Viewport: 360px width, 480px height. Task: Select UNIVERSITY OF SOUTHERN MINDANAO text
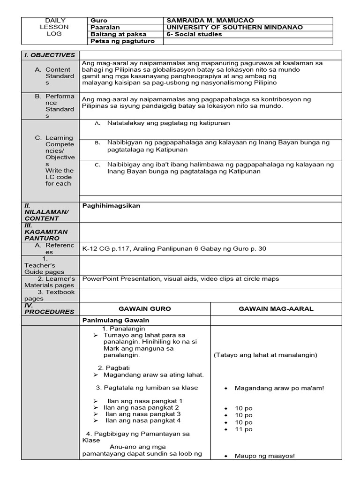pyautogui.click(x=234, y=27)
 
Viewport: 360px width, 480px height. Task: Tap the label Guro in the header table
pyautogui.click(x=98, y=21)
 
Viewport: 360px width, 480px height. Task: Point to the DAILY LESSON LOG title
pyautogui.click(x=55, y=27)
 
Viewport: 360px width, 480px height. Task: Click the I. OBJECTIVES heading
pyautogui.click(x=50, y=55)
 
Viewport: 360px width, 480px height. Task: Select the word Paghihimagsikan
pyautogui.click(x=111, y=206)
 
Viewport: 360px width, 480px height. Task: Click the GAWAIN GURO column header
pyautogui.click(x=145, y=308)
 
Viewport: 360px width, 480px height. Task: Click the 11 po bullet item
pyautogui.click(x=244, y=429)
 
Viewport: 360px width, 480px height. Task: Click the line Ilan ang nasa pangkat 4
pyautogui.click(x=144, y=420)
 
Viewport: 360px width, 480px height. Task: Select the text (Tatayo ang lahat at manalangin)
pyautogui.click(x=265, y=355)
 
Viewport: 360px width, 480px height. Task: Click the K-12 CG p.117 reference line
pyautogui.click(x=174, y=248)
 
